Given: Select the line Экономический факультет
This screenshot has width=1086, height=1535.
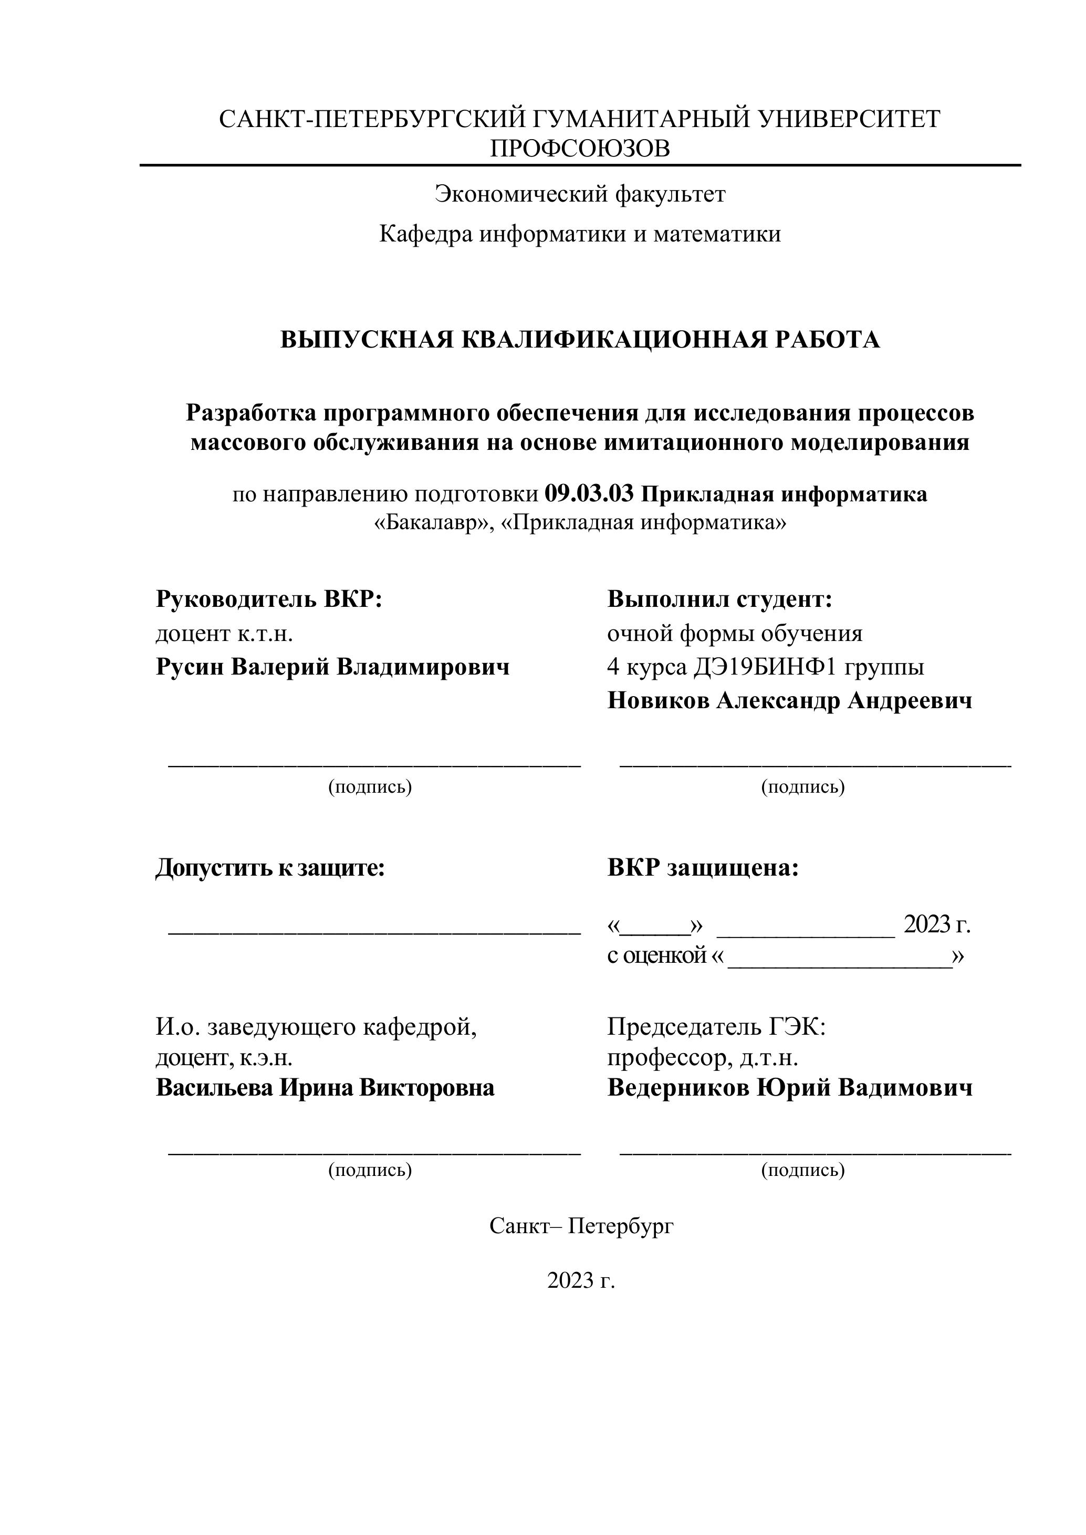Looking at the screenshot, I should pyautogui.click(x=580, y=195).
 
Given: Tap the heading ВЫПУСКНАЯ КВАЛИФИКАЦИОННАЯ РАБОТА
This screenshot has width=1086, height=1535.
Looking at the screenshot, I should pyautogui.click(x=580, y=340).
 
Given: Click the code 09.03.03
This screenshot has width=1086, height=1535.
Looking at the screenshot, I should pyautogui.click(x=589, y=494).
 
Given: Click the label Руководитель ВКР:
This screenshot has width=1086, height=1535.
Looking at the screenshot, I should pyautogui.click(x=269, y=599).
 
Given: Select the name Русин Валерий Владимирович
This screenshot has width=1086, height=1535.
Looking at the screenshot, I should pyautogui.click(x=332, y=667).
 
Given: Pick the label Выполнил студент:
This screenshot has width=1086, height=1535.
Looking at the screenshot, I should pyautogui.click(x=719, y=599).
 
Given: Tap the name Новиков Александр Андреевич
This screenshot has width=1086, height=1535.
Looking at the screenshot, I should pyautogui.click(x=790, y=701).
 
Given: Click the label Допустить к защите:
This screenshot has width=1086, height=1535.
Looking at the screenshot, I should pyautogui.click(x=270, y=868).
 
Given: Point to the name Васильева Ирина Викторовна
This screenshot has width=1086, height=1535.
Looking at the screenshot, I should pyautogui.click(x=325, y=1088).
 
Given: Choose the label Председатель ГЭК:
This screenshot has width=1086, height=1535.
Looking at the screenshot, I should pyautogui.click(x=716, y=1026).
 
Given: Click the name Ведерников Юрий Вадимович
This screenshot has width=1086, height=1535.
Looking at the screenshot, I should pyautogui.click(x=790, y=1088).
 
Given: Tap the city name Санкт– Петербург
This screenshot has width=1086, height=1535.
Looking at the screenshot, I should pyautogui.click(x=581, y=1225).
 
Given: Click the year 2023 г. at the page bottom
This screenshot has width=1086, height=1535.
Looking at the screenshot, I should pyautogui.click(x=580, y=1280).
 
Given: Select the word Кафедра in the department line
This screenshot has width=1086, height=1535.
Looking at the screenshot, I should pyautogui.click(x=425, y=234).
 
